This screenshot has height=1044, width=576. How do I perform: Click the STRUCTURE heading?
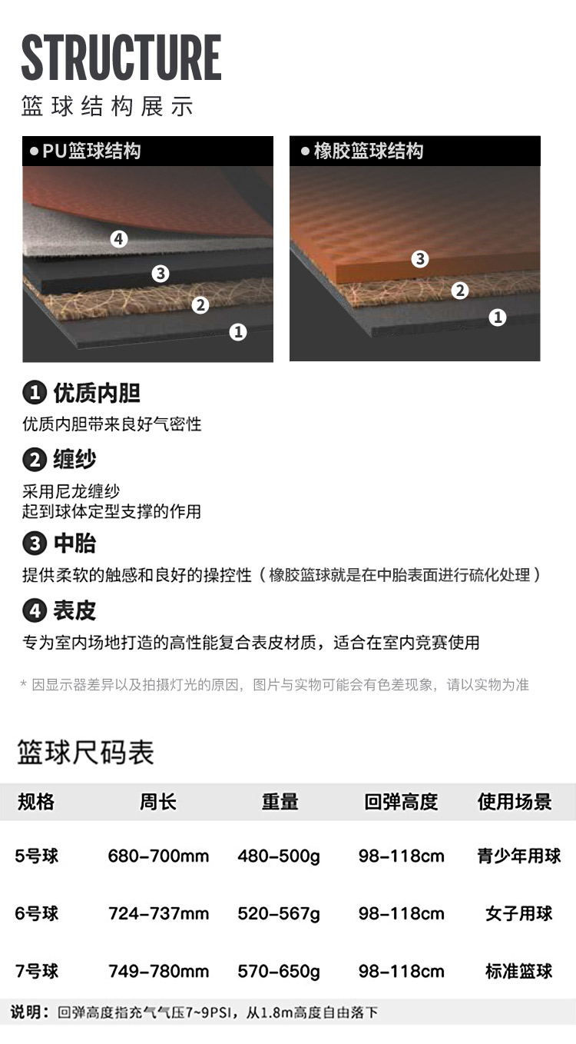(x=121, y=58)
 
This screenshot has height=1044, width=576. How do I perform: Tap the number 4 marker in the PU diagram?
(x=119, y=239)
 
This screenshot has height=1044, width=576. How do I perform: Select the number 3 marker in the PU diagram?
(x=161, y=274)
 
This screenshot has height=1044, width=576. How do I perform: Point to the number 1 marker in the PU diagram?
(x=238, y=332)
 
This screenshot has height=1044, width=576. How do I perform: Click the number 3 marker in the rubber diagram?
(x=420, y=258)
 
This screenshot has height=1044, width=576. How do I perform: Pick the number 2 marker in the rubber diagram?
(x=459, y=291)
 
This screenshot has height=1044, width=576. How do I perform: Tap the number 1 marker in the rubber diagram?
(x=498, y=318)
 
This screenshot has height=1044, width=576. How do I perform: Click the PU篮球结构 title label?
(x=91, y=151)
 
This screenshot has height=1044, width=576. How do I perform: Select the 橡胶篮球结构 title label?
(x=369, y=151)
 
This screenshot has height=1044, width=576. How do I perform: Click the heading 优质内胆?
(x=97, y=393)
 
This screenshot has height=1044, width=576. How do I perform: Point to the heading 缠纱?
(x=74, y=459)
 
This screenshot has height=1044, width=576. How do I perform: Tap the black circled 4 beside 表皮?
(x=35, y=611)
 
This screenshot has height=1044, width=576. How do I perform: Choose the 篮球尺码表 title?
(x=85, y=752)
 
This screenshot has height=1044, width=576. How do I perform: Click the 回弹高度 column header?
(x=401, y=802)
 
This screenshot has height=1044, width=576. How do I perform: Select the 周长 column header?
(x=158, y=802)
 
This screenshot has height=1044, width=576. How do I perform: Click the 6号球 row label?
(x=37, y=913)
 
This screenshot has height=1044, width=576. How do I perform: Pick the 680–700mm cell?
(x=158, y=856)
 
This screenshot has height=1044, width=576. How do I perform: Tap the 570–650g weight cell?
(x=279, y=971)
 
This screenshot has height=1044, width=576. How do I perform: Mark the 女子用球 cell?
(x=518, y=913)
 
